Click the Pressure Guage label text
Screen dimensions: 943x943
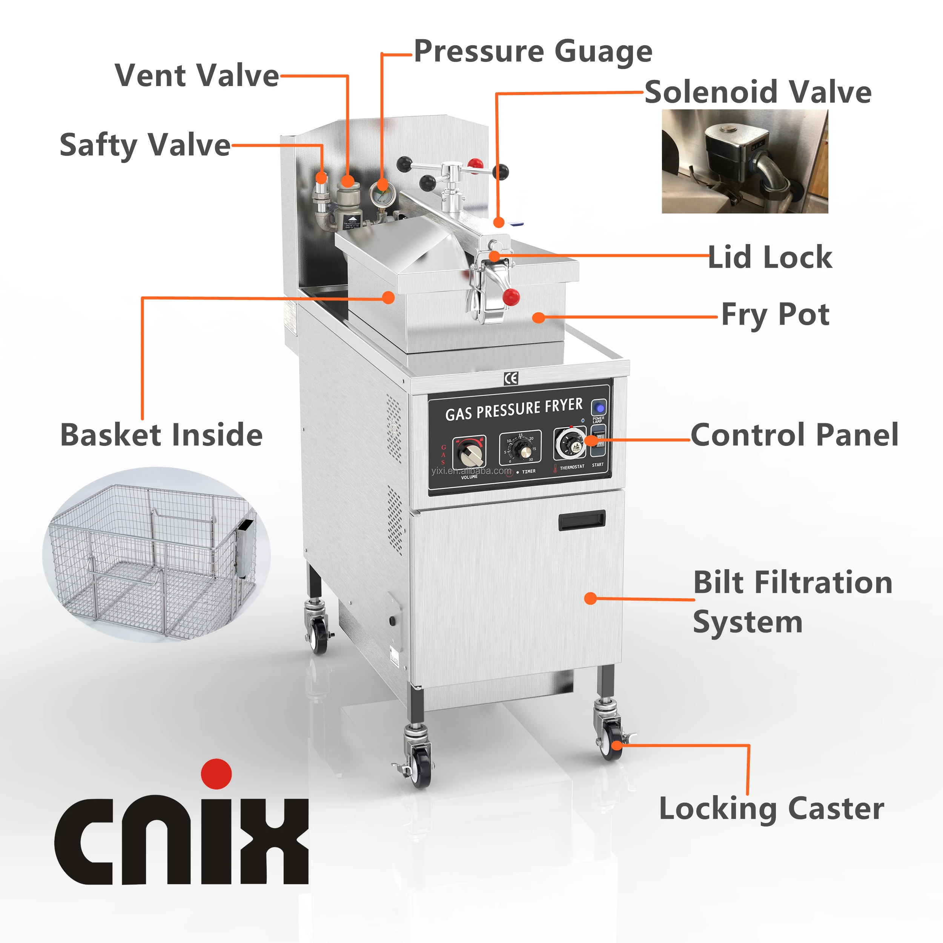[533, 52]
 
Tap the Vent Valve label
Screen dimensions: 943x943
[197, 76]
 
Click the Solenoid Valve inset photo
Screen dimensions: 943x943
[744, 161]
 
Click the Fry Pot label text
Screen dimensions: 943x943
[775, 315]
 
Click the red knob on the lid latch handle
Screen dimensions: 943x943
[511, 296]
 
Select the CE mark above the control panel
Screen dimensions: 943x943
[511, 378]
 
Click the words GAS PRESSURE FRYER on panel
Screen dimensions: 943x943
[514, 409]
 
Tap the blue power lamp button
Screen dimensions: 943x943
[599, 407]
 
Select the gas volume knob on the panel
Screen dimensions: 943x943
[470, 453]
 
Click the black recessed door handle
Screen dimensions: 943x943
[582, 520]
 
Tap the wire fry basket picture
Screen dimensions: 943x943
[156, 556]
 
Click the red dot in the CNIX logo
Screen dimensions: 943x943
[216, 774]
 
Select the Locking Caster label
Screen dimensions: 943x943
[771, 809]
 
